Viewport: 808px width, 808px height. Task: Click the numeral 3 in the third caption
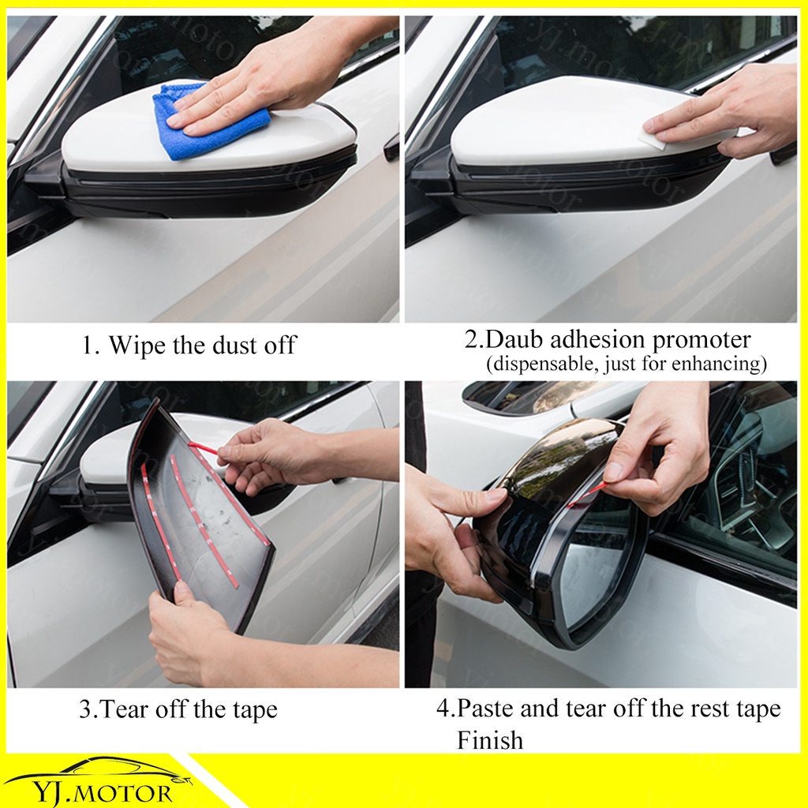click(x=85, y=709)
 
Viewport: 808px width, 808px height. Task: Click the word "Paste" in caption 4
click(x=485, y=709)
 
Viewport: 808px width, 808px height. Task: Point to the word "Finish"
click(x=489, y=740)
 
